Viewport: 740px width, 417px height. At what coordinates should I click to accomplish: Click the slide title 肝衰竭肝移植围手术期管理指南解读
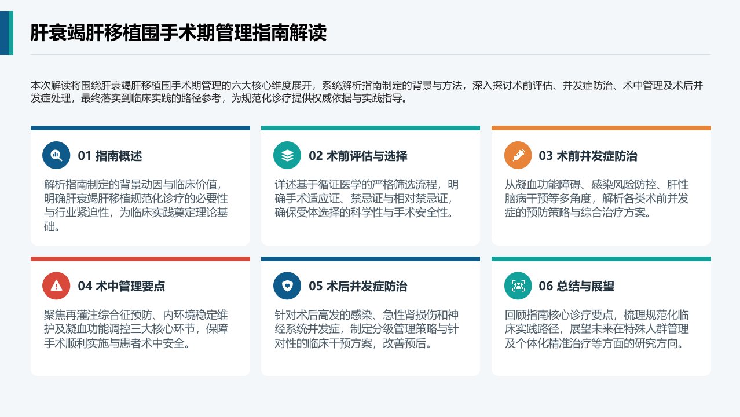click(x=178, y=32)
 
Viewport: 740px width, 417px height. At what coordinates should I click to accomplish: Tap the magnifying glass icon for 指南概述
click(x=56, y=155)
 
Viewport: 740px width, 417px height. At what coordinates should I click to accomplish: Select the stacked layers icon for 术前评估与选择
click(x=287, y=155)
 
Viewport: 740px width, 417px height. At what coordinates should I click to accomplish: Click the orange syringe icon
click(x=518, y=155)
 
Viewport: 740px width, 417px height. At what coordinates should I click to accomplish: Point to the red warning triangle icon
click(x=56, y=286)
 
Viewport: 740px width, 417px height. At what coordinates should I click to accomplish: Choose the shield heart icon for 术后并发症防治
click(x=287, y=286)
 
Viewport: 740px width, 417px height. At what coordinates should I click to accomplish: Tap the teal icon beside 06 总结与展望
click(x=518, y=286)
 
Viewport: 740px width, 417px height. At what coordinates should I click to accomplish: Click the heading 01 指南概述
click(x=109, y=156)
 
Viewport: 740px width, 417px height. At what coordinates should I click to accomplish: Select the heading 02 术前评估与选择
click(x=358, y=156)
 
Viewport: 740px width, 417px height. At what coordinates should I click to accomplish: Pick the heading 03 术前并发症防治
click(x=588, y=156)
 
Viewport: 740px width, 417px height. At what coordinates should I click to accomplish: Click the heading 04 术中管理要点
click(x=121, y=286)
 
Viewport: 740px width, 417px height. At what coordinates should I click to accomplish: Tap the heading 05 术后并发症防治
click(x=358, y=286)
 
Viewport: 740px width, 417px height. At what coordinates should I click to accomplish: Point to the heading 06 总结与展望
click(x=577, y=286)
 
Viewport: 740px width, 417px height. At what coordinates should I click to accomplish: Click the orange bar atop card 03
click(x=601, y=128)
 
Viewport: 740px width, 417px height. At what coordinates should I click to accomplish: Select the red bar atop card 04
click(x=140, y=259)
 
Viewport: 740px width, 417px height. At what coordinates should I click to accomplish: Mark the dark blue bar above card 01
click(x=140, y=128)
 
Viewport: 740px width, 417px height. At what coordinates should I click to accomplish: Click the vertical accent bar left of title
click(x=6, y=32)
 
